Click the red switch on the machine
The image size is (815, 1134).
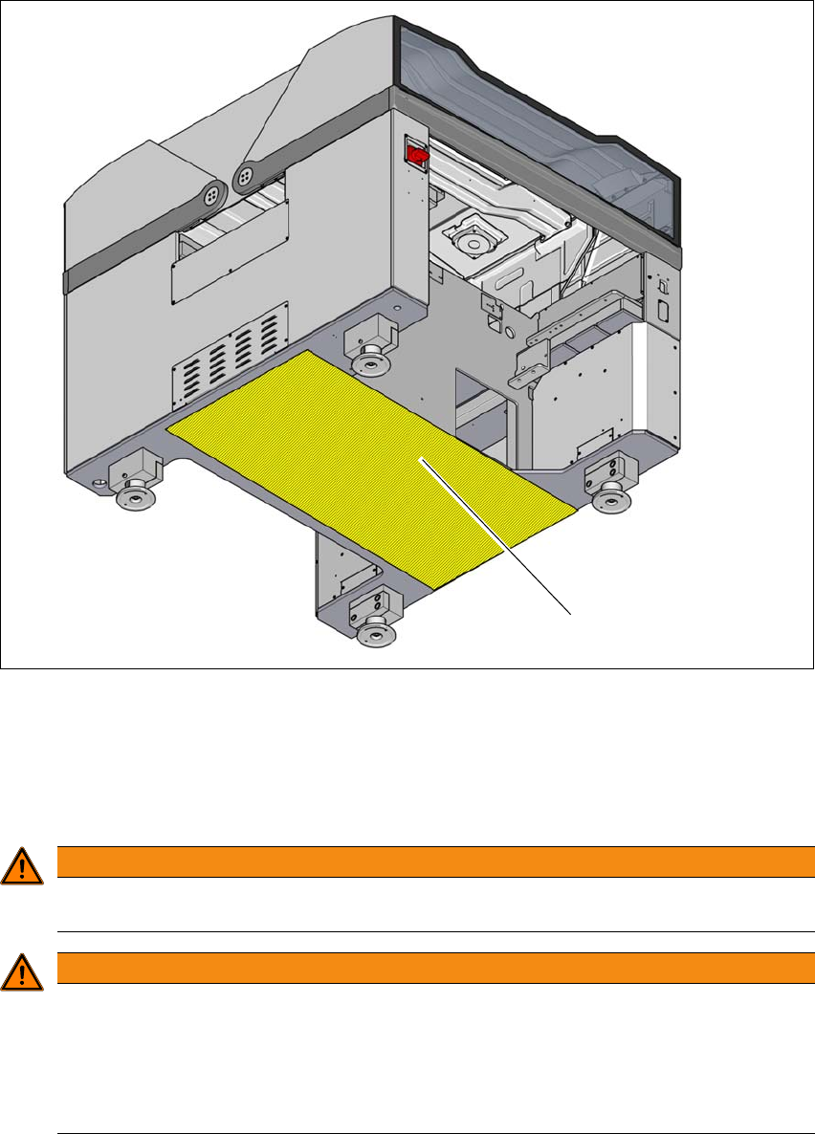[417, 153]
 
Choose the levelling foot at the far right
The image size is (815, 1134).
[609, 498]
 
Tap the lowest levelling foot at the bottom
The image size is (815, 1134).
[375, 631]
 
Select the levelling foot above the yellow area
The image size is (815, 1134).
[369, 362]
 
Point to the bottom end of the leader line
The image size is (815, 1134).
[571, 613]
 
